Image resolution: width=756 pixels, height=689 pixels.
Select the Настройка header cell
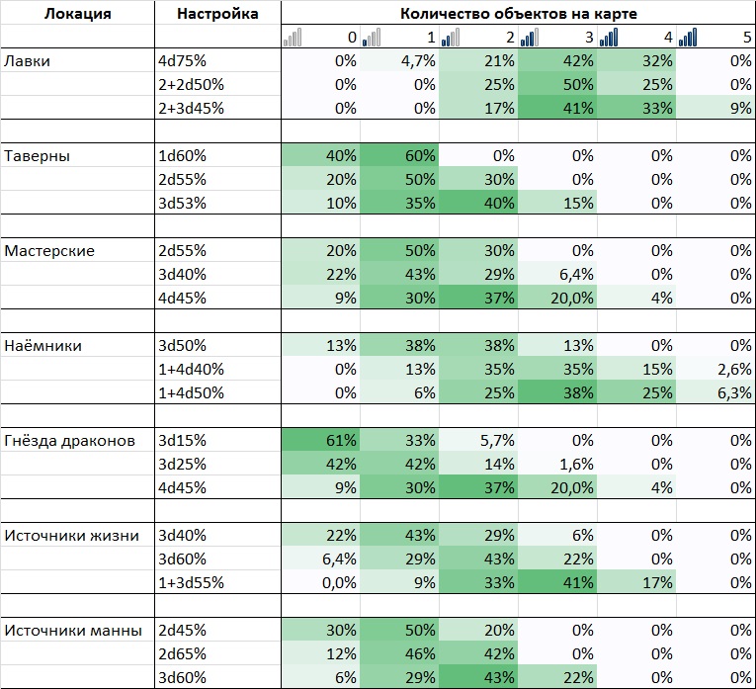click(217, 14)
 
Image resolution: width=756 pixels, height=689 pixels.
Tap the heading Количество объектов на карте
click(518, 14)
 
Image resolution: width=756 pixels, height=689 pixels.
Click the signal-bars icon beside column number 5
click(689, 38)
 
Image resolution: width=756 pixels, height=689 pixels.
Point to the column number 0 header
click(351, 38)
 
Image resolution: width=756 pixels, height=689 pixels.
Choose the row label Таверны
click(38, 155)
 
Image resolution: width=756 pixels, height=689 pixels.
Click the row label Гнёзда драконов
click(70, 440)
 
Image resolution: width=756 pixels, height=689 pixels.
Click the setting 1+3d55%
click(192, 582)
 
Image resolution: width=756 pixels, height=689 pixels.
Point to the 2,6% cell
click(734, 369)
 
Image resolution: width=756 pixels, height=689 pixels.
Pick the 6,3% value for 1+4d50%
click(734, 392)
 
